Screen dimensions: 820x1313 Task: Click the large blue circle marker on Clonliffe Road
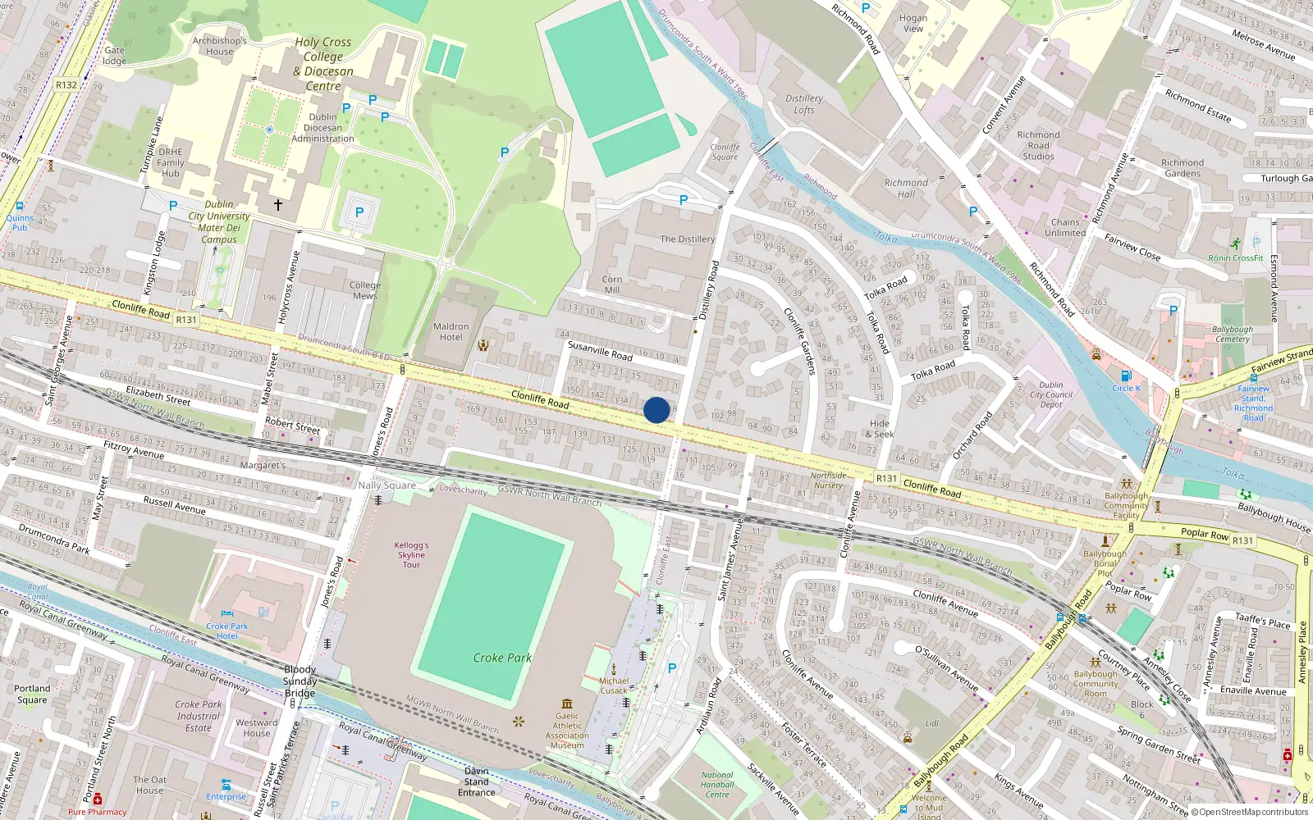pyautogui.click(x=656, y=409)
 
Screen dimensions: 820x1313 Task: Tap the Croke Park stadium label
pyautogui.click(x=502, y=658)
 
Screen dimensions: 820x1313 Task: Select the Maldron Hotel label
pyautogui.click(x=451, y=331)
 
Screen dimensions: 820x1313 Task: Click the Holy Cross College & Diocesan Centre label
pyautogui.click(x=323, y=64)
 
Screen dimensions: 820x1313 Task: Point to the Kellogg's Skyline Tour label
pyautogui.click(x=411, y=554)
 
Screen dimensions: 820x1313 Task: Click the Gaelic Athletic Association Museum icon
pyautogui.click(x=567, y=704)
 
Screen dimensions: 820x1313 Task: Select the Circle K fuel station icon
pyautogui.click(x=1126, y=376)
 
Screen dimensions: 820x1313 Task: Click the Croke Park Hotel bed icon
pyautogui.click(x=227, y=614)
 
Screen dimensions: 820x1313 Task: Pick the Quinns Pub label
pyautogui.click(x=20, y=222)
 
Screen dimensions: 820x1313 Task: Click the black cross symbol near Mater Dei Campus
pyautogui.click(x=277, y=204)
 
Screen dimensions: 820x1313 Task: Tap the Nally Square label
pyautogui.click(x=387, y=485)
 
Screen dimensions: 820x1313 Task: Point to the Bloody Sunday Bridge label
pyautogui.click(x=300, y=681)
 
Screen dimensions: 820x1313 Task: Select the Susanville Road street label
pyautogui.click(x=600, y=351)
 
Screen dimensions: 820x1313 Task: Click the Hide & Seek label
pyautogui.click(x=879, y=429)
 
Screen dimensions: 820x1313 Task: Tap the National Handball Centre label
pyautogui.click(x=717, y=785)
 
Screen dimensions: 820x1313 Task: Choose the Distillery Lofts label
pyautogui.click(x=804, y=104)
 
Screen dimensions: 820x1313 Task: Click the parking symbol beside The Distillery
pyautogui.click(x=684, y=200)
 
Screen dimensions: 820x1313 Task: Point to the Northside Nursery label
pyautogui.click(x=828, y=481)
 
